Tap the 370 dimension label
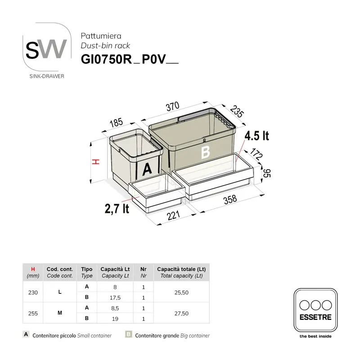[x=173, y=107]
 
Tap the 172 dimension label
[x=256, y=155]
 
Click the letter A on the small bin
[x=148, y=170]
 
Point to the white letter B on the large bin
[x=205, y=152]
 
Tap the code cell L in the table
[x=60, y=292]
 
